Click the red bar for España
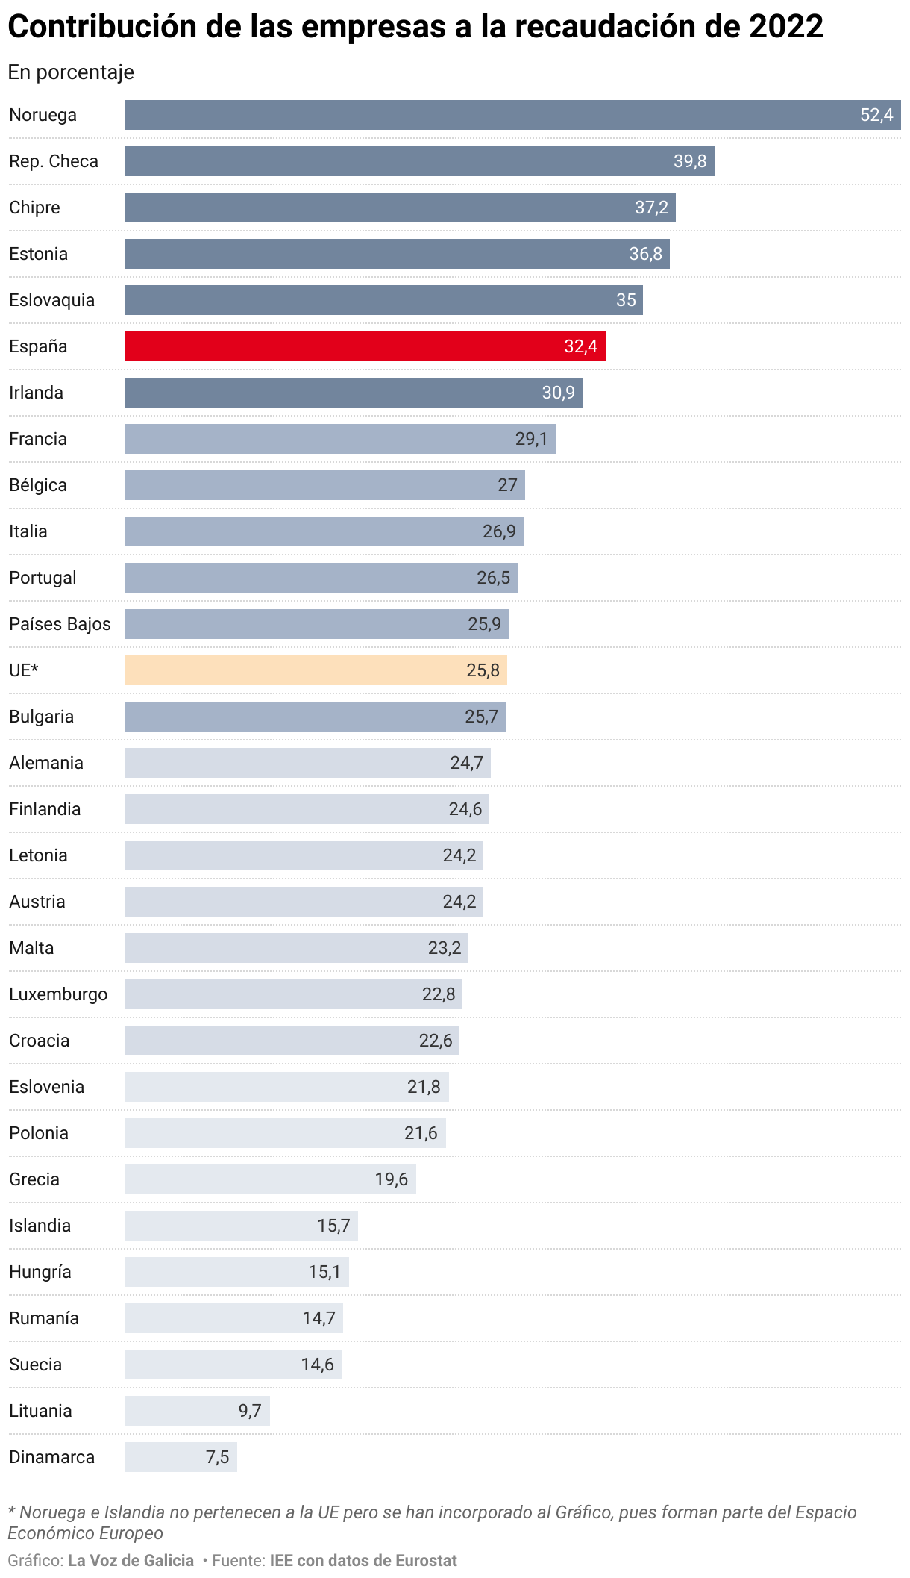coord(365,346)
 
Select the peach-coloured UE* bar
coord(316,670)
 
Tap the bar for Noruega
coord(513,115)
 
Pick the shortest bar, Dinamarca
coord(181,1457)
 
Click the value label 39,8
coord(690,161)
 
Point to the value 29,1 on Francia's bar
coord(532,439)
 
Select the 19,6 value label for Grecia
coord(392,1179)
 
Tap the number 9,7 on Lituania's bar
coord(250,1411)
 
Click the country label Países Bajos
coord(60,624)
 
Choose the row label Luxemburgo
coord(58,994)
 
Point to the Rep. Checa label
coord(54,161)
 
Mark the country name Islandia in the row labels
coord(40,1226)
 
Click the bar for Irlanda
coord(354,393)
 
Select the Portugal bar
coord(321,578)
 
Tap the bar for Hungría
coord(237,1272)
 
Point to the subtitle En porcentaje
coord(71,72)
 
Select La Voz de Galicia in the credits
coord(131,1560)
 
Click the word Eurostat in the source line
coord(425,1560)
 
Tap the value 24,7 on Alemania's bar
coord(467,763)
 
